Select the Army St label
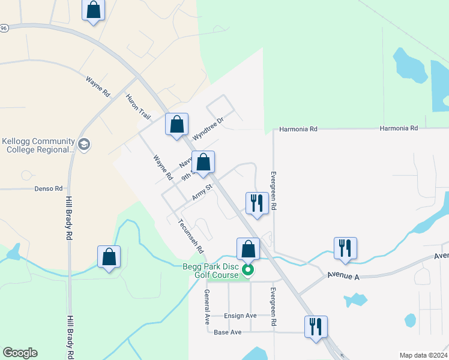point(202,193)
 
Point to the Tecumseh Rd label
point(191,235)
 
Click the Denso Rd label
point(50,188)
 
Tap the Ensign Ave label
point(240,316)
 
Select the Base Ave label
point(228,332)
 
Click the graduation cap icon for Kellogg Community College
point(84,145)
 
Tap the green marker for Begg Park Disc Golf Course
point(247,270)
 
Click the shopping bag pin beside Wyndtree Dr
point(176,125)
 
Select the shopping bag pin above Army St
point(203,162)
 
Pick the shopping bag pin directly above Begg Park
point(248,249)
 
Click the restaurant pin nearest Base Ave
point(316,327)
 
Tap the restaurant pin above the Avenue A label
point(345,248)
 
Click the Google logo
point(20,353)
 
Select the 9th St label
point(188,175)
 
